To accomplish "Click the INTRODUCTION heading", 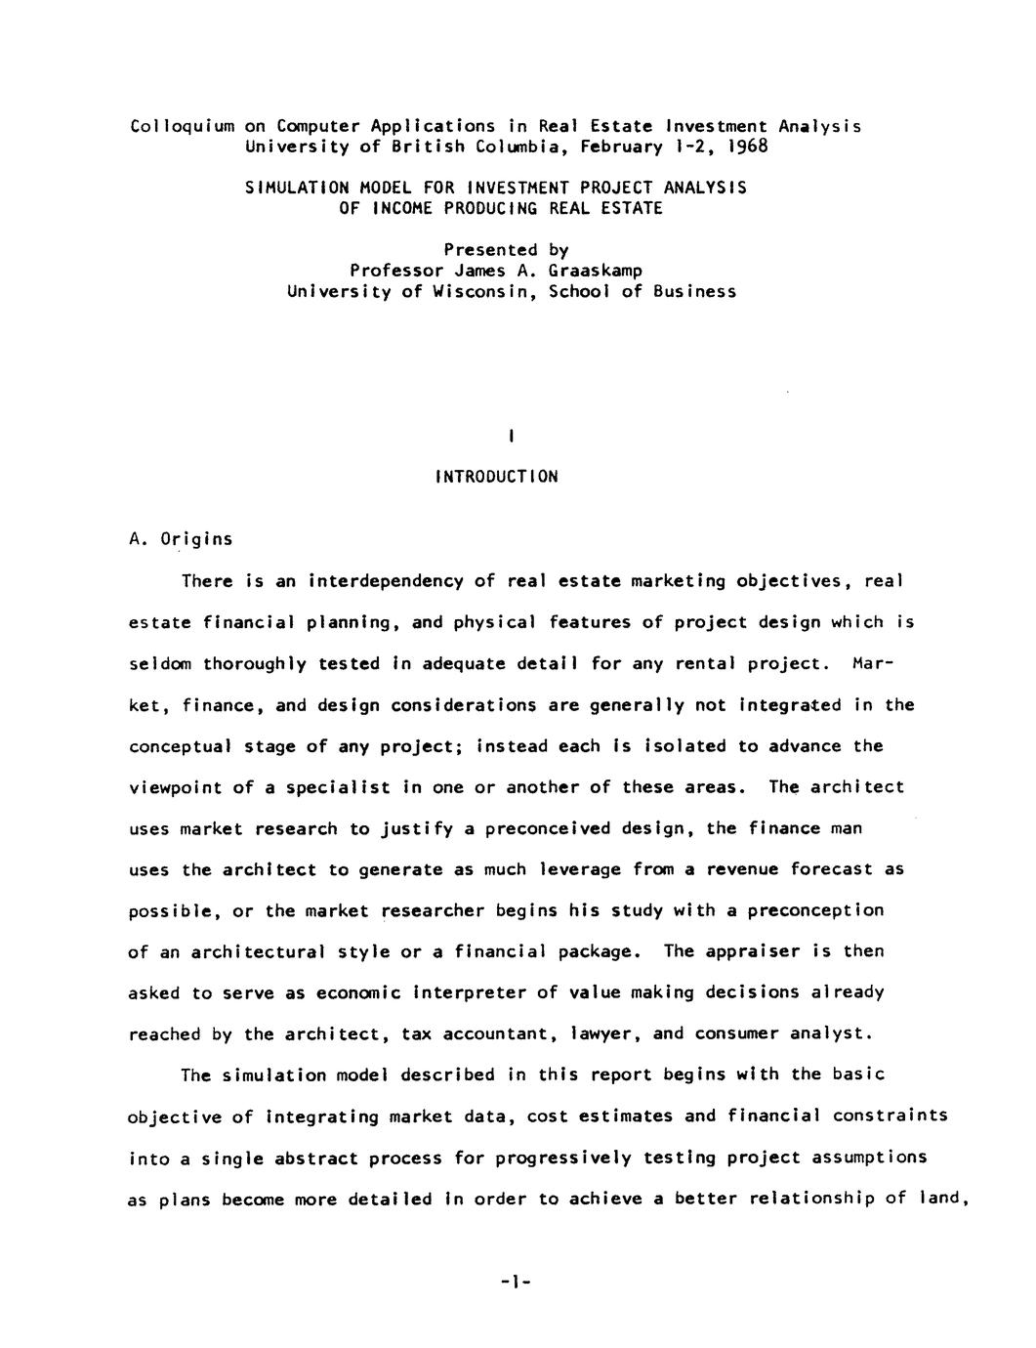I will click(x=497, y=478).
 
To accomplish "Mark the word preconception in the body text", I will click(x=815, y=910).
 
